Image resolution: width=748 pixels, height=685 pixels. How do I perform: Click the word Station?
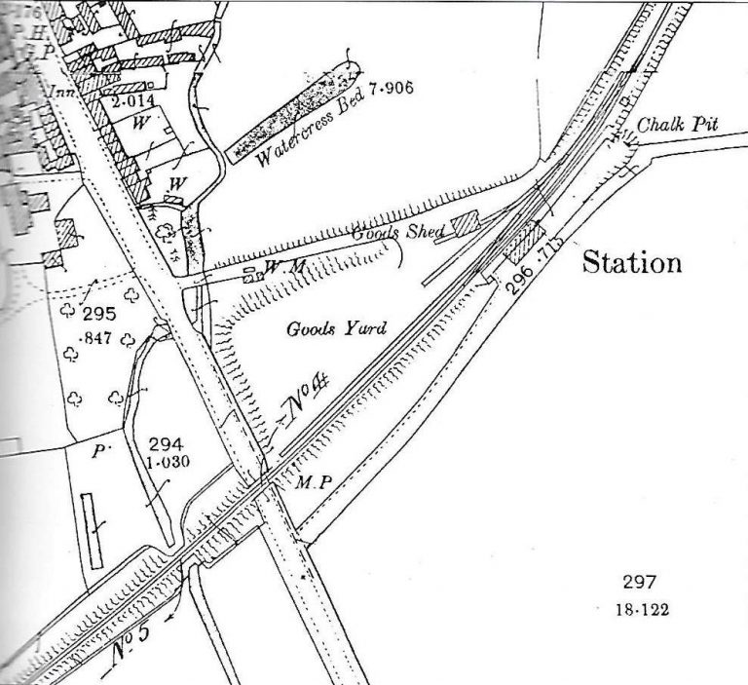pyautogui.click(x=631, y=263)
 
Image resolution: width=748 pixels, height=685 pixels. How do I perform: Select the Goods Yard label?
pyautogui.click(x=336, y=329)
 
